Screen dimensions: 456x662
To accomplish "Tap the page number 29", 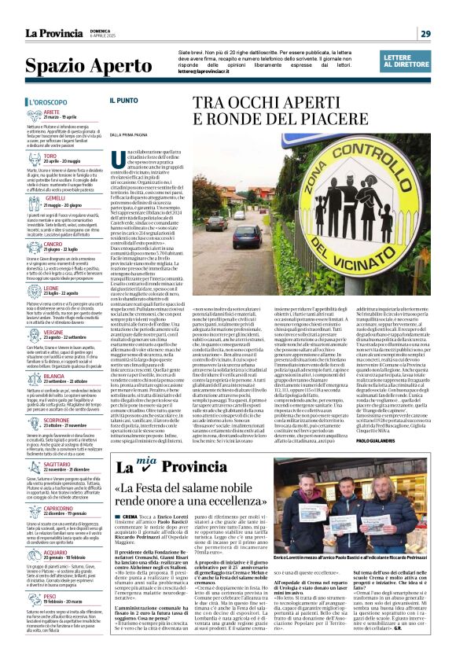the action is tap(425, 33).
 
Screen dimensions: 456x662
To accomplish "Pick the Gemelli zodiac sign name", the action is tap(55, 197).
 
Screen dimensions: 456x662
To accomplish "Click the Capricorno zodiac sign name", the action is tap(59, 509).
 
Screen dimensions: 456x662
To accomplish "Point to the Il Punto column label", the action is tap(123, 101).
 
